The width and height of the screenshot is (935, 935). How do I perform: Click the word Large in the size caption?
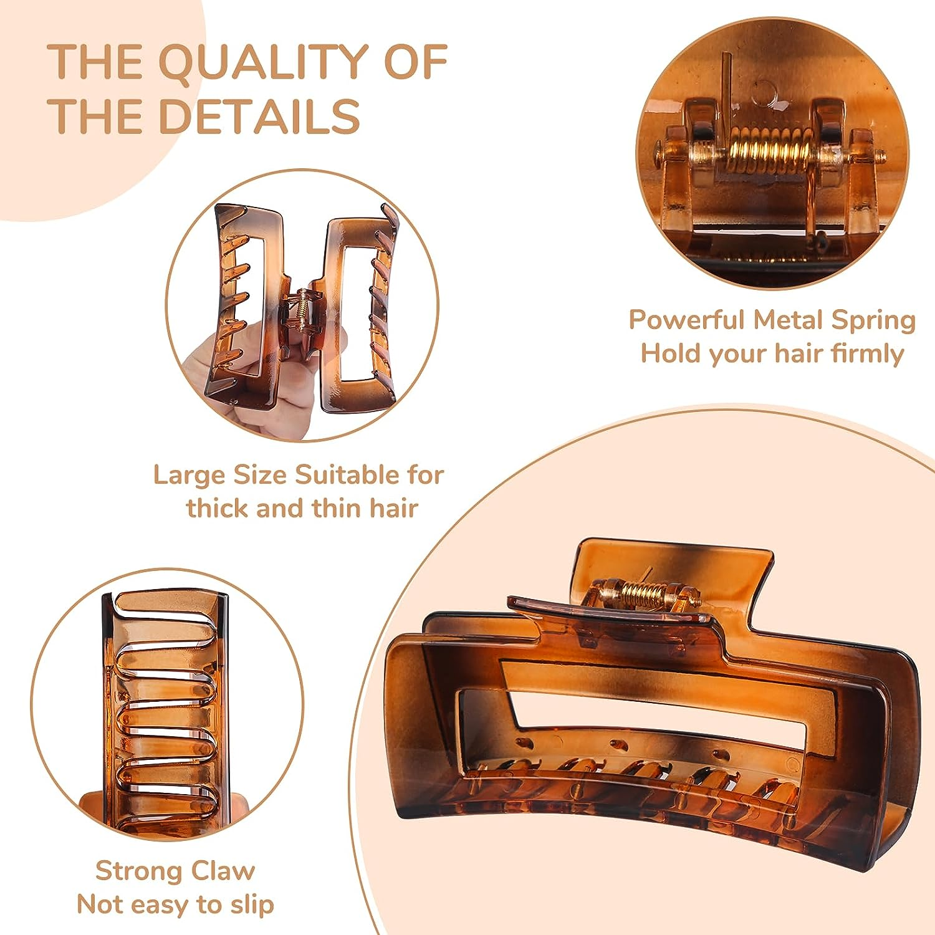point(189,476)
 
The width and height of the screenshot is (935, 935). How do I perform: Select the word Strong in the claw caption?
point(139,871)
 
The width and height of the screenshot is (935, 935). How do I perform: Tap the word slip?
point(254,904)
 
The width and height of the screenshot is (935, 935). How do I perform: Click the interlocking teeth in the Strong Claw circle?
point(165,704)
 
